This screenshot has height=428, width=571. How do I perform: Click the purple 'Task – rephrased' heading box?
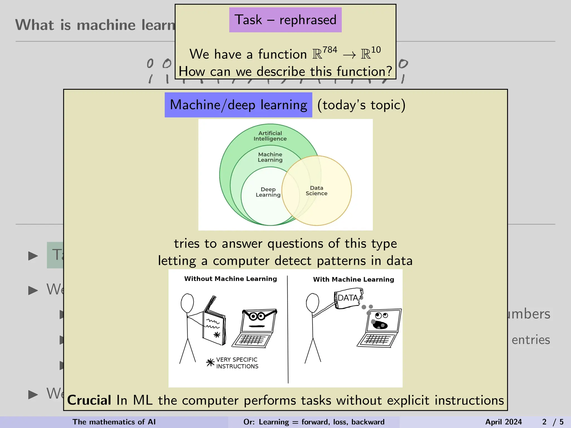click(x=285, y=20)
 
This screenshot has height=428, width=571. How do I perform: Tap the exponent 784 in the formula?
click(x=330, y=50)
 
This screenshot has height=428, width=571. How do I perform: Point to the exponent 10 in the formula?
click(x=376, y=50)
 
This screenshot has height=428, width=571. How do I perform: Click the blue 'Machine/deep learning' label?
click(x=238, y=105)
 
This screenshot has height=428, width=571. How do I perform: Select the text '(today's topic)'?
click(x=361, y=105)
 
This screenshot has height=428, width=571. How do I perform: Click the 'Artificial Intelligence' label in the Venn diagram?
click(x=270, y=136)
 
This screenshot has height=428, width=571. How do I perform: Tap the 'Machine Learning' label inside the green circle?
click(x=270, y=157)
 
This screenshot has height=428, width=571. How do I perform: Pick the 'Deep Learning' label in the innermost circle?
click(x=268, y=192)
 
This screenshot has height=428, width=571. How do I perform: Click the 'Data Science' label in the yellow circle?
click(x=316, y=191)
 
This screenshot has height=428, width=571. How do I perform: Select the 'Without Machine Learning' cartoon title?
click(x=231, y=279)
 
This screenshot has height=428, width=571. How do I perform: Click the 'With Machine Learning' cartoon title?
click(x=353, y=279)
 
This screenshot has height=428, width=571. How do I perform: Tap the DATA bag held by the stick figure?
click(x=348, y=298)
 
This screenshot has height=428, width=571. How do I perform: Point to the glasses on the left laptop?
click(x=257, y=316)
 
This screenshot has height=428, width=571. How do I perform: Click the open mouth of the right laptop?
click(x=380, y=325)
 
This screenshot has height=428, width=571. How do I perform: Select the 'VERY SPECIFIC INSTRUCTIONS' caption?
click(x=237, y=363)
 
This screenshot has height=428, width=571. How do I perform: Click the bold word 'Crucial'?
click(x=89, y=400)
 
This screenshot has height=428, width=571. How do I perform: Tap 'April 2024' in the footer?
click(x=503, y=422)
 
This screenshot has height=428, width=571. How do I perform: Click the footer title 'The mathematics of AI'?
click(x=114, y=422)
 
